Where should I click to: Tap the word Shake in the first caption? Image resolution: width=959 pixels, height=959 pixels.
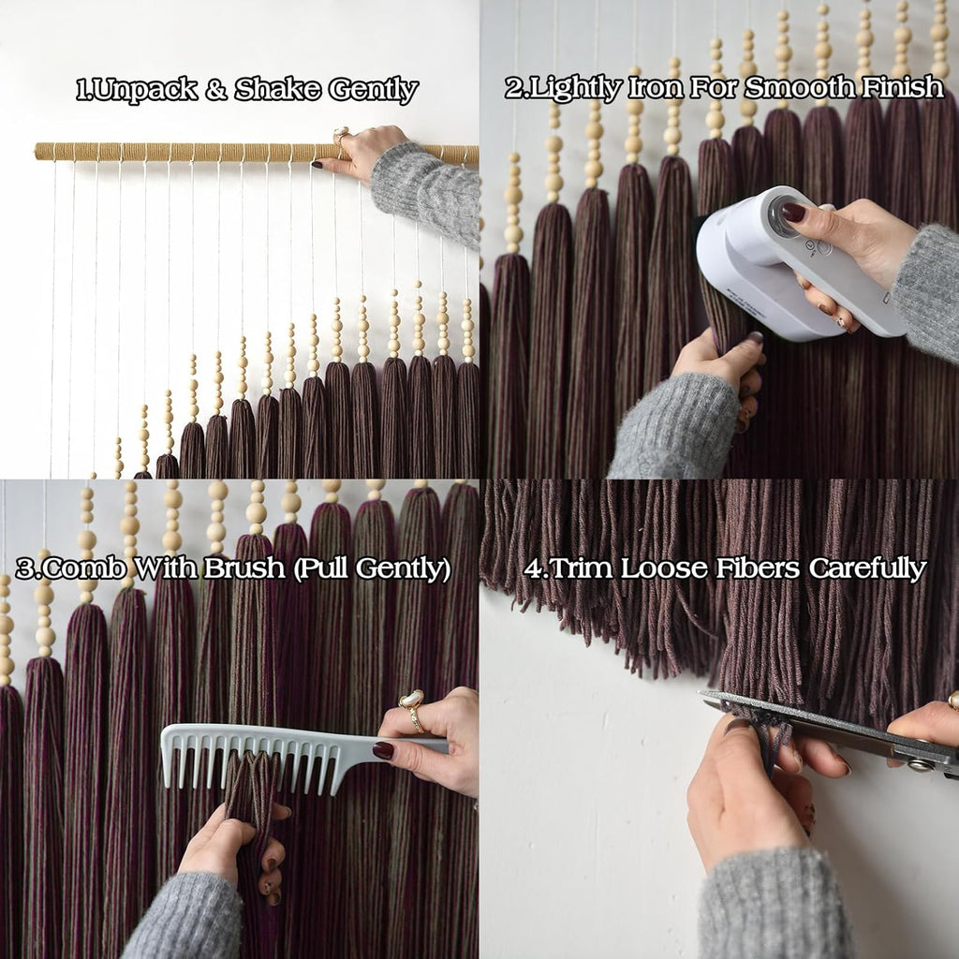coord(277,89)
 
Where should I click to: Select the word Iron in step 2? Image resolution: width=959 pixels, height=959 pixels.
coord(656,87)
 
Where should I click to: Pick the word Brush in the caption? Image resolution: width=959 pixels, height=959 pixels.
coord(244,568)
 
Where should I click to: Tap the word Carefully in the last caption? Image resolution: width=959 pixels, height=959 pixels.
coord(867,568)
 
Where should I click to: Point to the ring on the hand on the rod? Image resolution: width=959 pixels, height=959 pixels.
coord(341,136)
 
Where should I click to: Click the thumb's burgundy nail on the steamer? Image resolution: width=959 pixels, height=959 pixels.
coord(793,213)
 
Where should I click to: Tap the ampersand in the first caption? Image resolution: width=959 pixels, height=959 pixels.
coord(216,89)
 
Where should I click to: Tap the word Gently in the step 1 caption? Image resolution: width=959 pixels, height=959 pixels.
coord(373,91)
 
